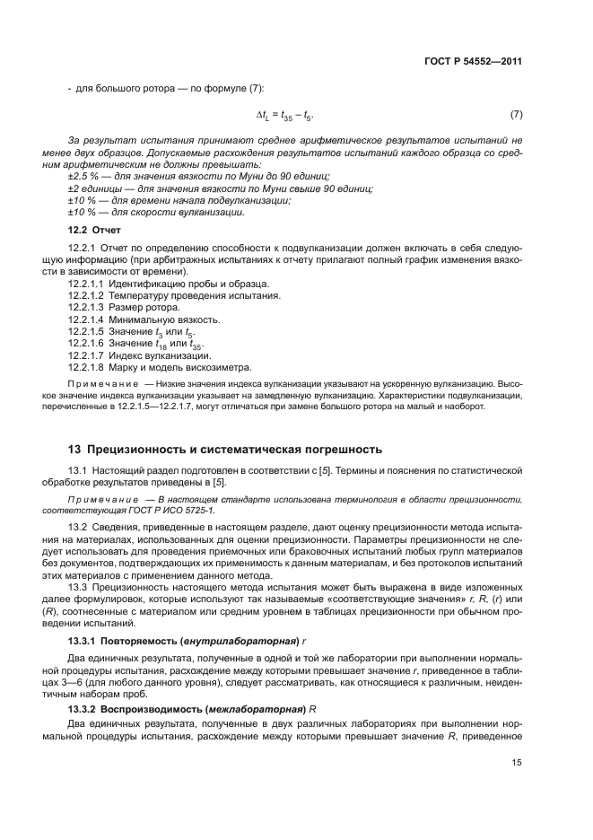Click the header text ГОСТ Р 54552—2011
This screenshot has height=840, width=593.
[474, 62]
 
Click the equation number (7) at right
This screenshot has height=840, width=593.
[516, 115]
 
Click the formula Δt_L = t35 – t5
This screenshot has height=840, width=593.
[284, 116]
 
